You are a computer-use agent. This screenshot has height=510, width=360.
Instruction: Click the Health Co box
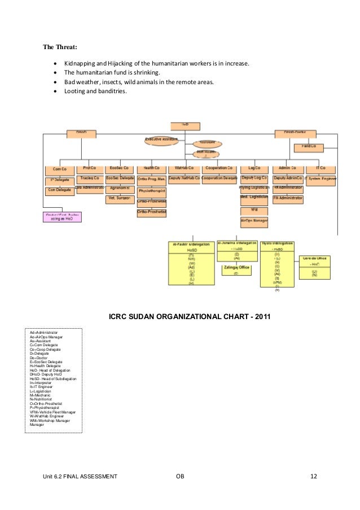[151, 168]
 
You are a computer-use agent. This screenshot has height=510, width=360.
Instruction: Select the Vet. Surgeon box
[119, 198]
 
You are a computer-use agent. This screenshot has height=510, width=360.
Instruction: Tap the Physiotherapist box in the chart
[151, 191]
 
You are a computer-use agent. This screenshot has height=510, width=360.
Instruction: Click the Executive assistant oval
[161, 139]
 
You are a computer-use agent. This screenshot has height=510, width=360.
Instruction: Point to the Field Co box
[309, 146]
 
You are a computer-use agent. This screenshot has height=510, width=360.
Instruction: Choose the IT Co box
[321, 168]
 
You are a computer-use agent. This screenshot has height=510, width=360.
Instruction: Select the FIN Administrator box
[288, 198]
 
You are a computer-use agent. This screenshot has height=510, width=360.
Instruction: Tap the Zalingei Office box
[236, 268]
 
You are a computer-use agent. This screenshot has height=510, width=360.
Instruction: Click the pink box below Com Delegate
[62, 217]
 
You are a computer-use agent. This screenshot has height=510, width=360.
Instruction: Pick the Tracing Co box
[90, 178]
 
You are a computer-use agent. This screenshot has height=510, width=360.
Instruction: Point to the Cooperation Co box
[219, 168]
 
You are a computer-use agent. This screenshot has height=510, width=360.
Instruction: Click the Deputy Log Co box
[254, 178]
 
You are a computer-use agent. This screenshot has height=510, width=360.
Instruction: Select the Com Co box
[60, 169]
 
